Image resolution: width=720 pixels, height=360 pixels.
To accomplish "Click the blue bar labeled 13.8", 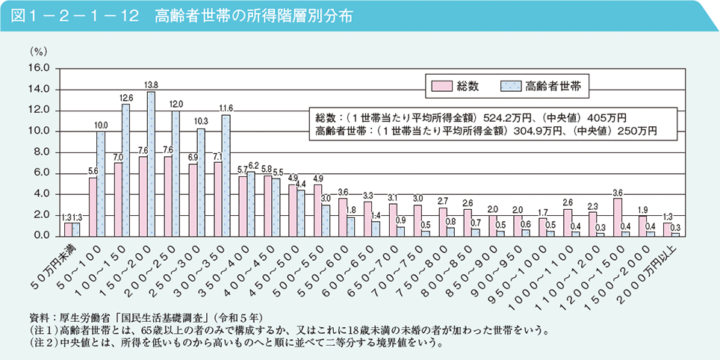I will click(x=152, y=164).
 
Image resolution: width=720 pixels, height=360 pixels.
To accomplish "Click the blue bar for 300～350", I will click(x=226, y=175).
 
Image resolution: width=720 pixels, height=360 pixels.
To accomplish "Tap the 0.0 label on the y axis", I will click(x=41, y=236).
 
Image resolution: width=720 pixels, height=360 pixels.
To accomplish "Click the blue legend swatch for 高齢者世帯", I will click(x=511, y=87).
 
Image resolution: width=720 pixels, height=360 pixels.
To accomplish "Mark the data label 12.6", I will click(x=126, y=98).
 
